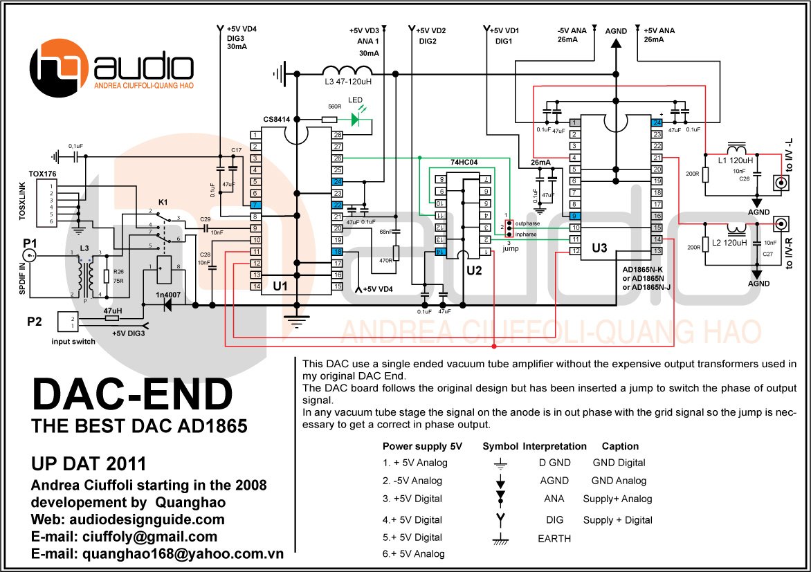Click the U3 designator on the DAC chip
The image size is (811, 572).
coord(600,248)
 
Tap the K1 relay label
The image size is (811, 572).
coord(163,201)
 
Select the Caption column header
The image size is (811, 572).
coord(620,446)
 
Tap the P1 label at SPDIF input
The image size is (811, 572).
coord(30,243)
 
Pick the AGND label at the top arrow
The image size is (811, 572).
coord(616,32)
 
